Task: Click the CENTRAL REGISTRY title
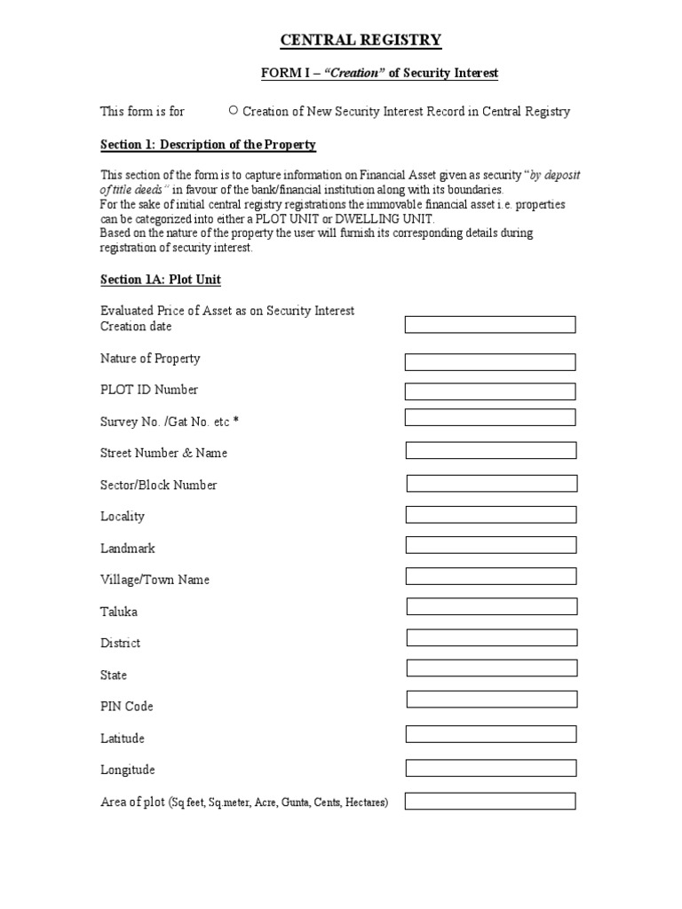(x=361, y=40)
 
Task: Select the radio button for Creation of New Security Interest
(x=233, y=111)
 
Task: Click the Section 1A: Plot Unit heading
(x=161, y=280)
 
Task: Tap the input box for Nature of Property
(x=490, y=362)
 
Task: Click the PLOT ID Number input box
(x=490, y=391)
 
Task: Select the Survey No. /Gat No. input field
(x=490, y=417)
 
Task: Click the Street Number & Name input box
(x=491, y=451)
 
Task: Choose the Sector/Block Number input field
(x=492, y=484)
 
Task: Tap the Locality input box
(x=491, y=515)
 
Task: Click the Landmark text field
(x=491, y=545)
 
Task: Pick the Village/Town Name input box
(x=491, y=577)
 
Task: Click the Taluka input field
(x=492, y=607)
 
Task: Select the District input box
(x=492, y=638)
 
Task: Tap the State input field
(x=492, y=668)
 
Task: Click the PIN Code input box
(x=492, y=700)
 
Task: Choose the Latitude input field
(x=491, y=734)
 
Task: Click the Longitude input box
(x=491, y=768)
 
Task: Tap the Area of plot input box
(x=491, y=802)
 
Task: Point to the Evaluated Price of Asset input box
(x=490, y=325)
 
